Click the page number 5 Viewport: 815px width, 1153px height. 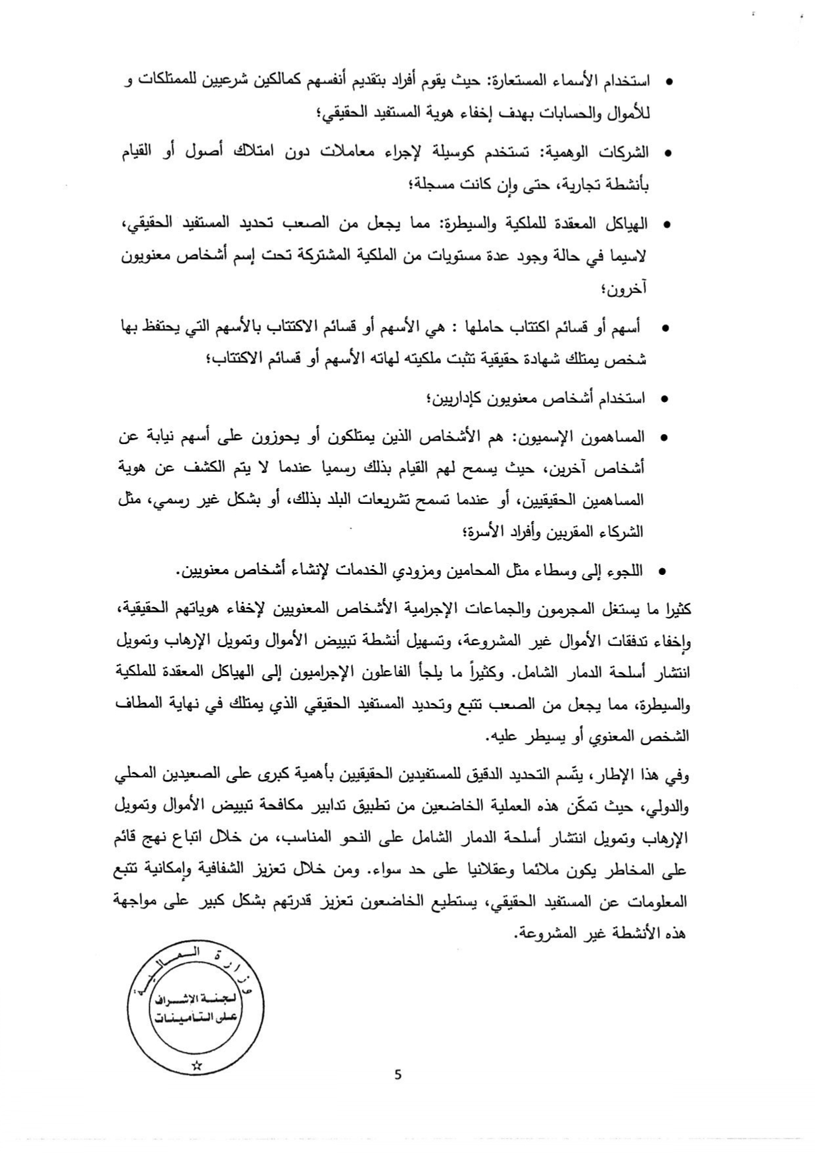[x=398, y=1075]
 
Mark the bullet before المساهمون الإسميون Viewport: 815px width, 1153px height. [x=663, y=438]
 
